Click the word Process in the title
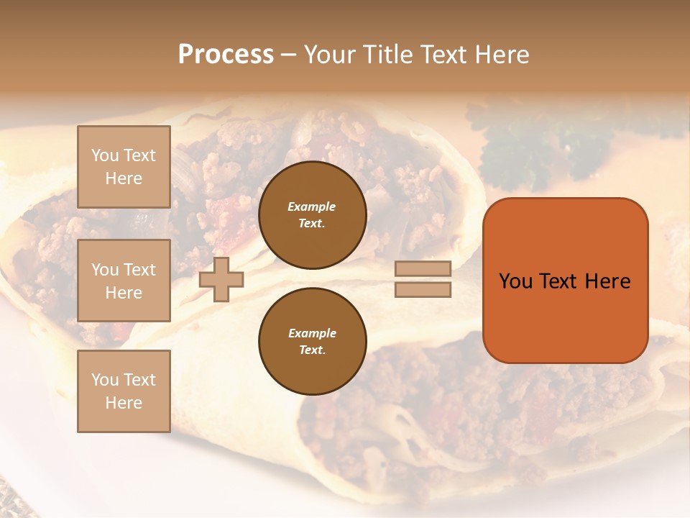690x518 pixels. click(226, 55)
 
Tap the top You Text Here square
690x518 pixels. click(124, 167)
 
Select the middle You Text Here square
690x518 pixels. click(124, 281)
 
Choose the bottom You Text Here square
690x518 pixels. click(124, 391)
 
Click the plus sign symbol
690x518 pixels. click(221, 279)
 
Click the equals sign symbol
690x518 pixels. click(423, 279)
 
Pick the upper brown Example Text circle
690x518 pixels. click(313, 214)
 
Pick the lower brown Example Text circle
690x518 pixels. click(313, 341)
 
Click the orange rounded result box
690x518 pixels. click(565, 280)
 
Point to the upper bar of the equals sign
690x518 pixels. click(423, 268)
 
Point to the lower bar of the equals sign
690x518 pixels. click(423, 289)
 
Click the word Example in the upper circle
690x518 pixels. click(312, 206)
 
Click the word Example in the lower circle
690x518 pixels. click(312, 333)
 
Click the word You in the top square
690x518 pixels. click(105, 155)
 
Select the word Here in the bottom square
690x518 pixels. click(124, 403)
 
